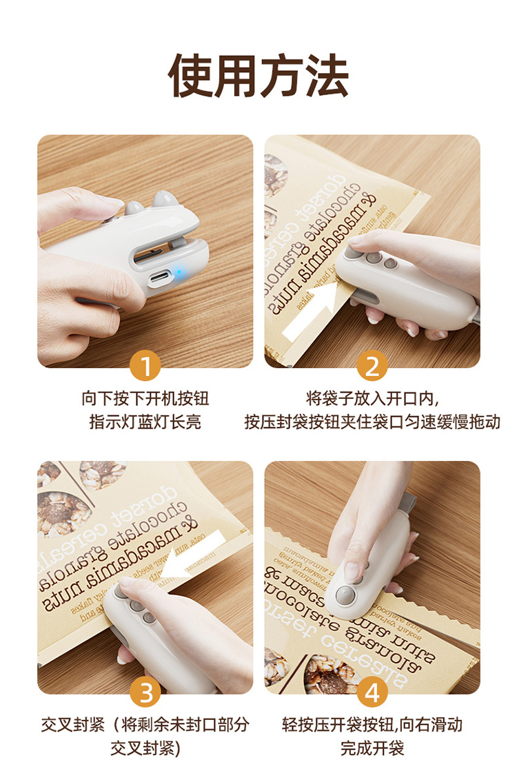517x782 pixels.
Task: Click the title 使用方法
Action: tap(258, 75)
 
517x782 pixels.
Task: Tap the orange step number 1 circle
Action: tap(145, 366)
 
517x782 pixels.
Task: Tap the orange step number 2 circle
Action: tap(372, 366)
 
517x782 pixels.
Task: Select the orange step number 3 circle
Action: tap(145, 692)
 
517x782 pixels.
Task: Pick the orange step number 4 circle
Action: tap(372, 692)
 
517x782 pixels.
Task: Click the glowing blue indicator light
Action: tap(178, 273)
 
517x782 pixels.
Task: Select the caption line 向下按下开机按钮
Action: tap(145, 398)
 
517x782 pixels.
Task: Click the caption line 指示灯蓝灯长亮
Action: tap(145, 422)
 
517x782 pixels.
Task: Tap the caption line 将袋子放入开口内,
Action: tap(372, 398)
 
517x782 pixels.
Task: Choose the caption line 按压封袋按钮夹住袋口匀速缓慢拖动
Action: tap(372, 422)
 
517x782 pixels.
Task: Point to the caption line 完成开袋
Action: tap(372, 748)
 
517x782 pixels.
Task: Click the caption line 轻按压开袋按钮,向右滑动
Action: tap(372, 724)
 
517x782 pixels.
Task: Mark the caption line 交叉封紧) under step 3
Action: tap(145, 748)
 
